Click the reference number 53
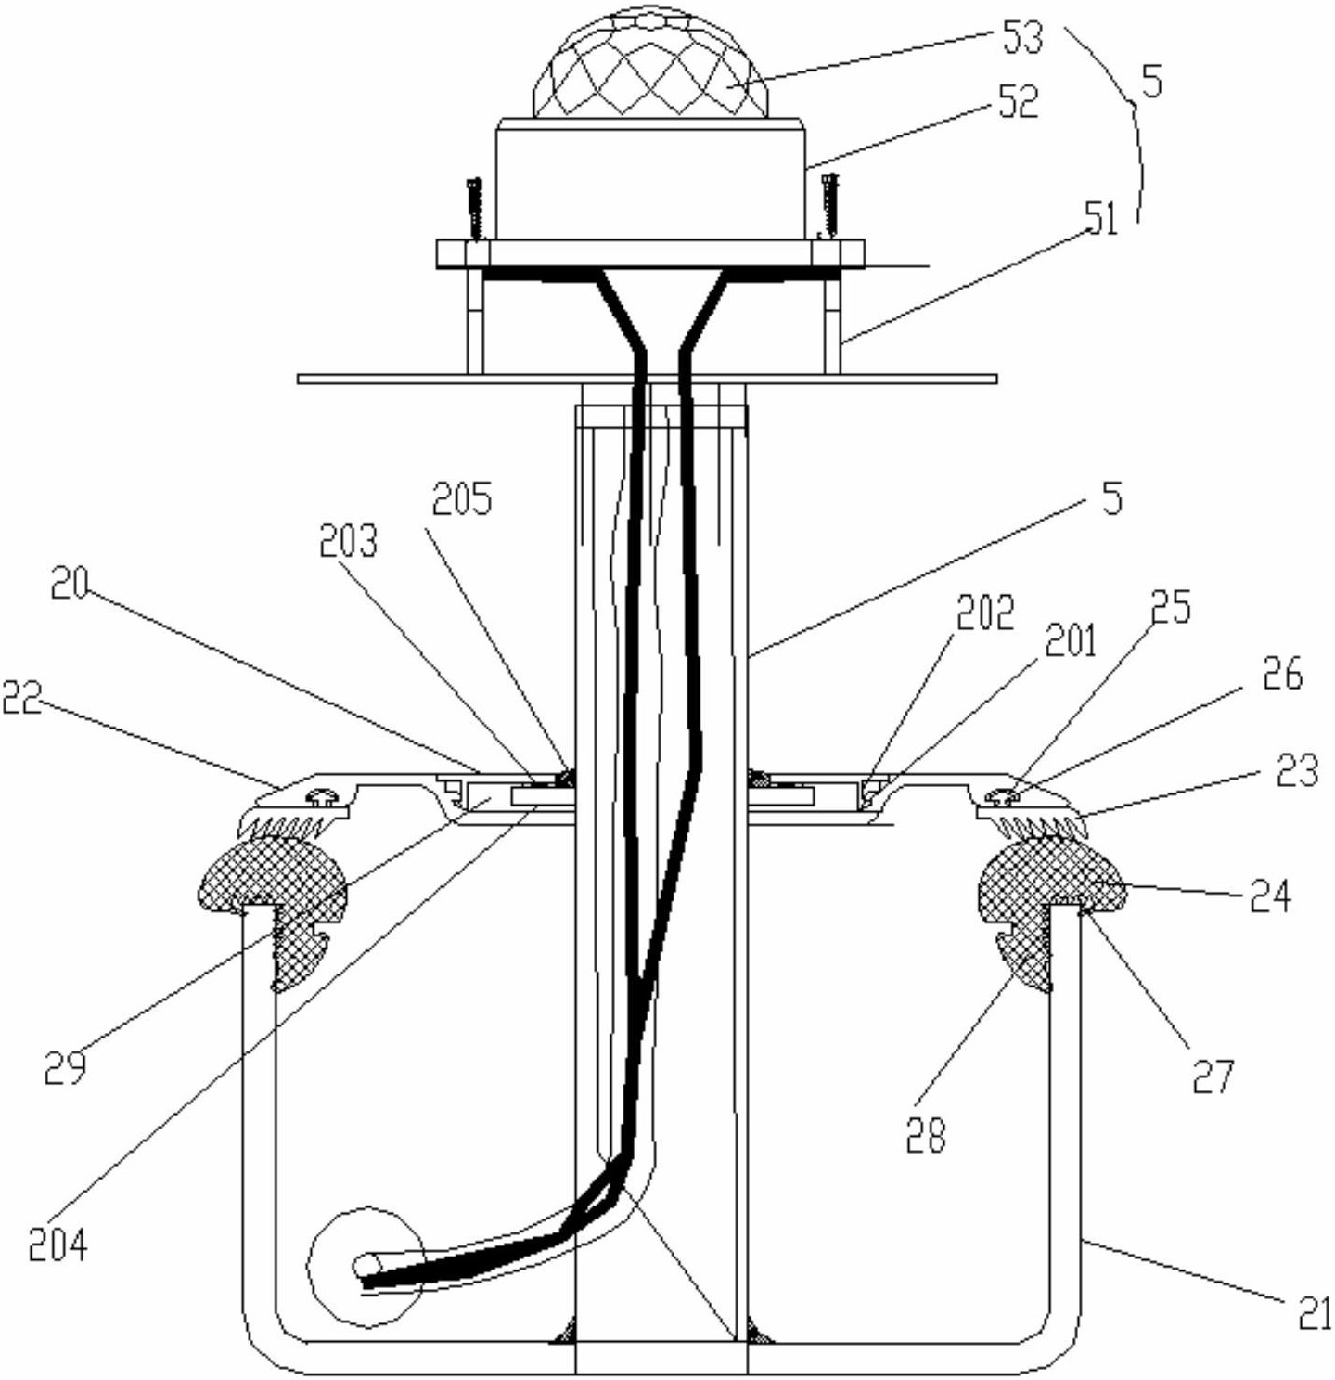(x=1021, y=38)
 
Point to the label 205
(x=463, y=498)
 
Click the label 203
(x=347, y=543)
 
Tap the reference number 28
(x=925, y=1135)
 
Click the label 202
(x=984, y=613)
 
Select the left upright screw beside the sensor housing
(x=473, y=209)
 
